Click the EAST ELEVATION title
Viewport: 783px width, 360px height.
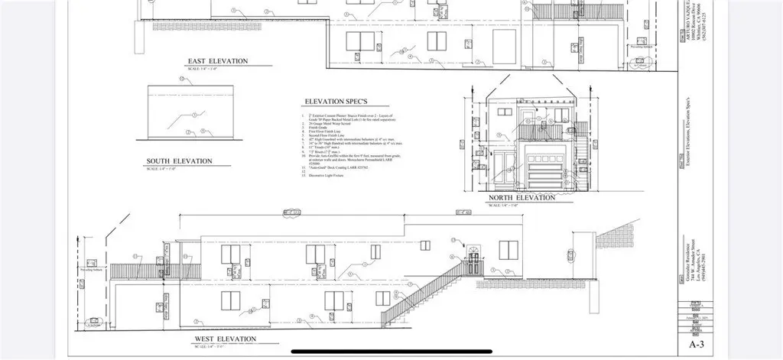(x=218, y=60)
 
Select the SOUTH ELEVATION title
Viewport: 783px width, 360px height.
(x=179, y=161)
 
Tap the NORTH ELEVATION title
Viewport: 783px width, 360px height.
(x=521, y=197)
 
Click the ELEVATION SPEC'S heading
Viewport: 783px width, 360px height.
(x=337, y=102)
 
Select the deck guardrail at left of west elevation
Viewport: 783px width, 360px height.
(x=135, y=270)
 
